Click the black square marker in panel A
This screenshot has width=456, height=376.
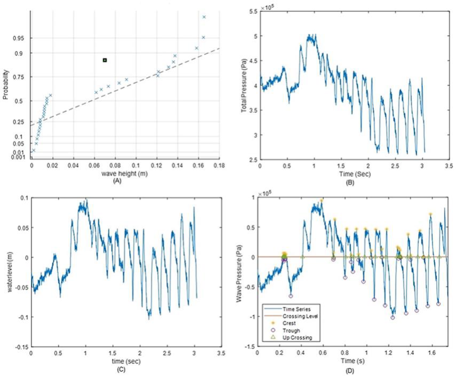coord(105,60)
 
